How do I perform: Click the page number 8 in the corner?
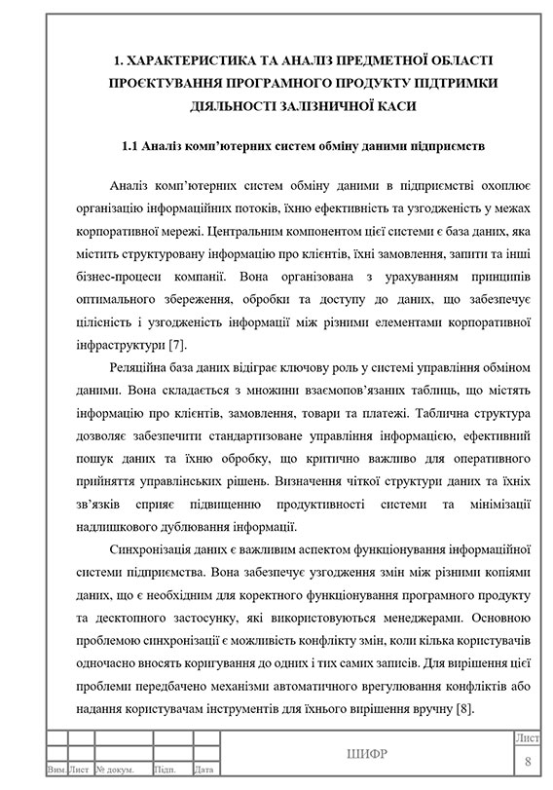[x=528, y=761]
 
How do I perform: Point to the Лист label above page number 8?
[x=528, y=740]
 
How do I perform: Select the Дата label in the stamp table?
[x=205, y=770]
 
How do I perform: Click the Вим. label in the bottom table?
[x=56, y=770]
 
